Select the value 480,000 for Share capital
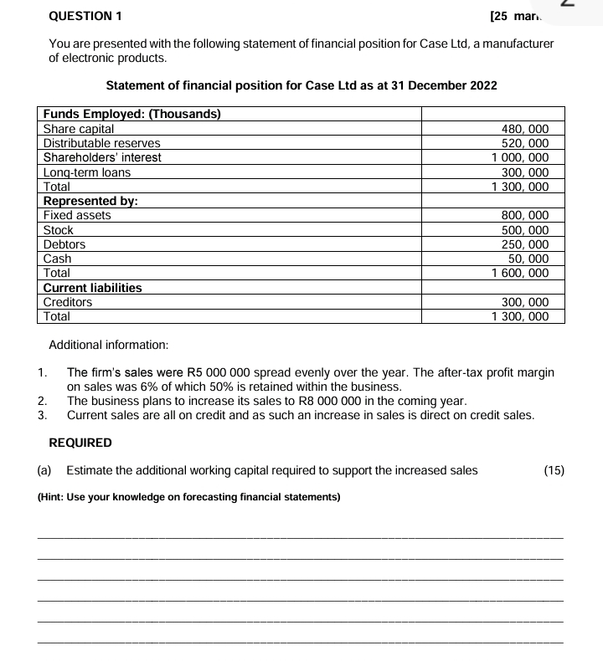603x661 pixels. point(524,129)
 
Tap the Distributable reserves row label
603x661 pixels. point(101,143)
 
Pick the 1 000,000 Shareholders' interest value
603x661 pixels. point(519,157)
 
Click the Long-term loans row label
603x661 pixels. point(87,172)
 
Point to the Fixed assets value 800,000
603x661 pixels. point(524,215)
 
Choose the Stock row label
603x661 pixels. point(59,230)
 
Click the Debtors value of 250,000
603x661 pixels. point(524,244)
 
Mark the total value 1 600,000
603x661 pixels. point(519,273)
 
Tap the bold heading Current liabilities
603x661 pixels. point(92,288)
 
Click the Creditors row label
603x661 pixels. point(68,302)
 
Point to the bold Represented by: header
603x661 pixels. point(90,201)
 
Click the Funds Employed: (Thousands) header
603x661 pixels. point(131,115)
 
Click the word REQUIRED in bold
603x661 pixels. point(80,442)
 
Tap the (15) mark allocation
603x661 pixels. point(554,470)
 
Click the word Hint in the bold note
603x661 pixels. point(56,497)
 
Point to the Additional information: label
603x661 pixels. point(109,345)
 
